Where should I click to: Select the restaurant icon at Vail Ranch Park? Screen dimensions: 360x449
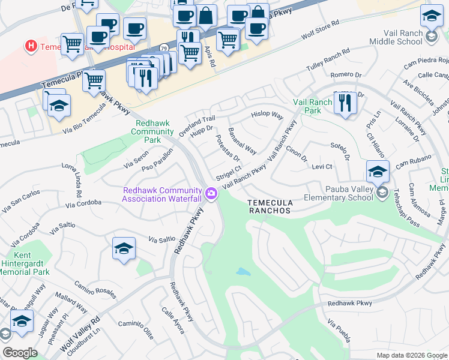345,103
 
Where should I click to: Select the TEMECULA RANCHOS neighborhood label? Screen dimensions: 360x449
270,207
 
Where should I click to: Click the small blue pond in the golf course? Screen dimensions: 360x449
243,272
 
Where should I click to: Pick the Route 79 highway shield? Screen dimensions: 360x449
163,47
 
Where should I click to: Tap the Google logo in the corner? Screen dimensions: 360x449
20,353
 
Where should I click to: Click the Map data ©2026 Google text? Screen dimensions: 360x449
412,355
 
